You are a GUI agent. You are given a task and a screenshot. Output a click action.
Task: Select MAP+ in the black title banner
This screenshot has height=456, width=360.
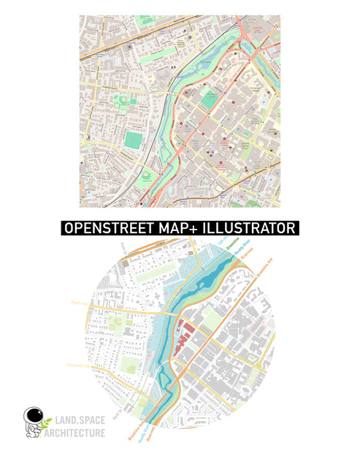point(169,228)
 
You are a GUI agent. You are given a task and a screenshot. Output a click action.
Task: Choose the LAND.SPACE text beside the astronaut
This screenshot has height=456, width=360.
point(79,422)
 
